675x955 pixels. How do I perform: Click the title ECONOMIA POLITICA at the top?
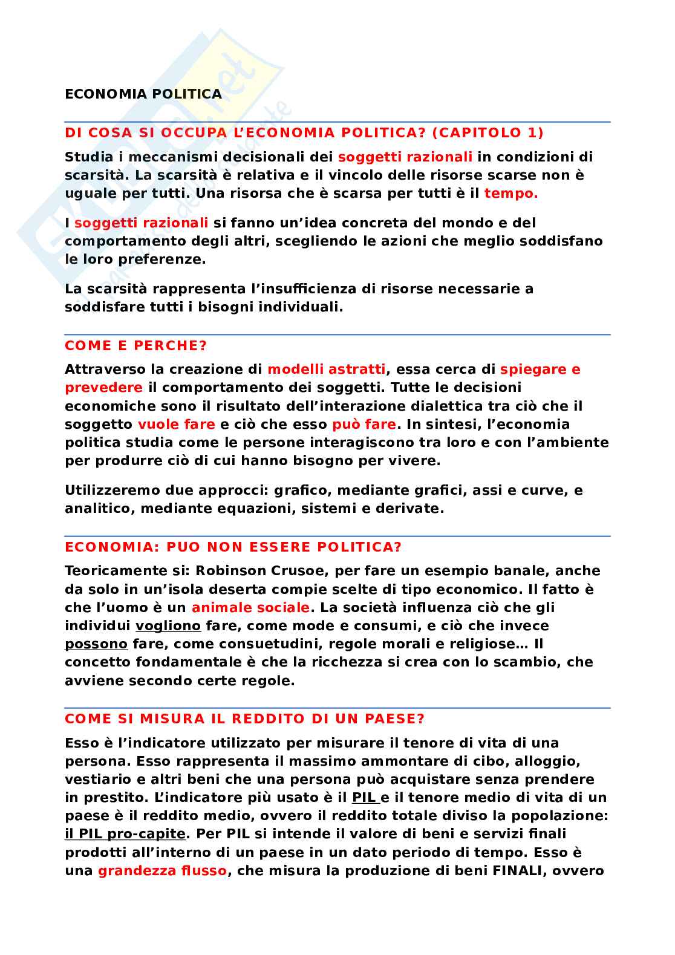pos(143,94)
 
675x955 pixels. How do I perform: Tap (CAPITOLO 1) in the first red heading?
pos(488,133)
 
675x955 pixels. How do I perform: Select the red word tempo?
pos(510,194)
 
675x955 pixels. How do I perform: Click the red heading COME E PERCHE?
pos(135,346)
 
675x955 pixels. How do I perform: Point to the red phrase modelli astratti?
pos(326,370)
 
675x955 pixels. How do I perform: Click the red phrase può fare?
pos(364,425)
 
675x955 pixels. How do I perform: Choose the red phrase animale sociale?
pos(250,608)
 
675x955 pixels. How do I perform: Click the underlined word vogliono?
pos(168,626)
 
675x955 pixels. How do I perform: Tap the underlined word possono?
pos(96,644)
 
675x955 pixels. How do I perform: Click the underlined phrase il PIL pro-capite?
pos(125,834)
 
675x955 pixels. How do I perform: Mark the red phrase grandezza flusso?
pos(162,871)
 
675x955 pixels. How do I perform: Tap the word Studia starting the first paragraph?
pos(89,157)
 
